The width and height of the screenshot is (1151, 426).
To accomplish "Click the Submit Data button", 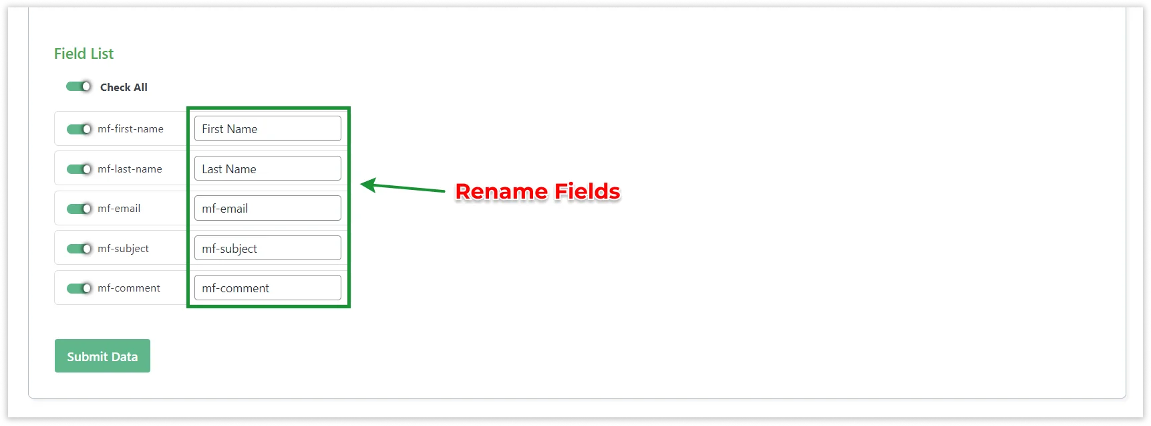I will point(102,356).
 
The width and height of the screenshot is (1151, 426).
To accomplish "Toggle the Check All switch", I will point(79,86).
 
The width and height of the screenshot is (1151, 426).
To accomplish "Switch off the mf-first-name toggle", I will point(79,129).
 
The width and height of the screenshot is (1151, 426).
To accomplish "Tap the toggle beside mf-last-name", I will point(79,169).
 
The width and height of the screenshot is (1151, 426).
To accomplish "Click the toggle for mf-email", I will point(79,209).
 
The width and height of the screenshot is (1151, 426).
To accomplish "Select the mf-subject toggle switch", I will point(79,249).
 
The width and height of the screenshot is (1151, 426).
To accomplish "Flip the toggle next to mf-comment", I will point(79,288).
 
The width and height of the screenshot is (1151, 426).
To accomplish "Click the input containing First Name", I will point(267,128).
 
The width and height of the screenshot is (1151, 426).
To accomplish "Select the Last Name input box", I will point(267,169).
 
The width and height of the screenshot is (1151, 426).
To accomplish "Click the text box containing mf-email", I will point(267,208).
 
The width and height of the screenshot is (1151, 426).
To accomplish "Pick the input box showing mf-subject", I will point(267,248).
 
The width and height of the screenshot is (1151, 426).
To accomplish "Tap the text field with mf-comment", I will point(267,288).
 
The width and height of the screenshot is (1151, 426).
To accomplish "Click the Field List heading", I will point(84,54).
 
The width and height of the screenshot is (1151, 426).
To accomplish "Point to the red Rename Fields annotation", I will point(538,192).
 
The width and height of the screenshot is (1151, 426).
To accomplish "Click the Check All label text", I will point(124,87).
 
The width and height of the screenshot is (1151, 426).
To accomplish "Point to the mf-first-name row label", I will point(130,129).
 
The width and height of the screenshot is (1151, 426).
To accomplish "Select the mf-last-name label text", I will point(130,169).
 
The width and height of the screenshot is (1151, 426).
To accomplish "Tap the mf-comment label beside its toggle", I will point(129,288).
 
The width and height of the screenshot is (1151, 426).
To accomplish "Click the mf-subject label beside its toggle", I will point(123,249).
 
